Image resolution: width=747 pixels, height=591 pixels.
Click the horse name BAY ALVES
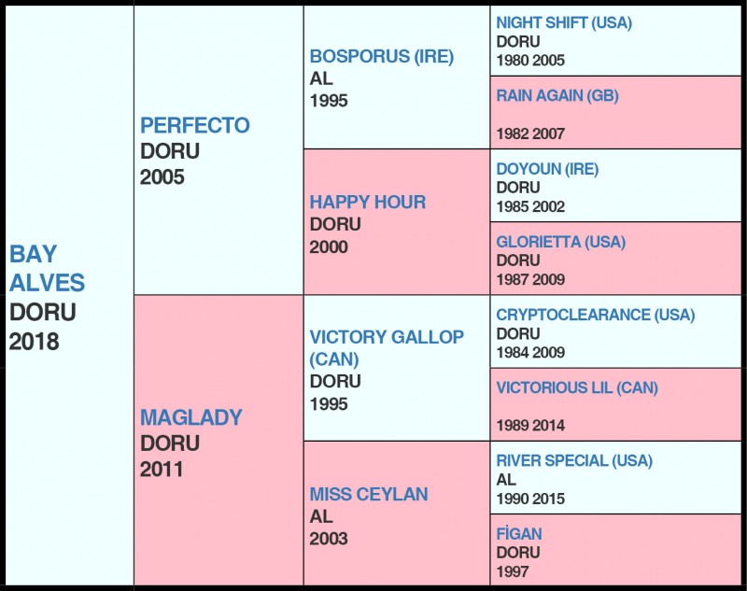47,268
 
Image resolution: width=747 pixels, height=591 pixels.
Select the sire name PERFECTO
195,125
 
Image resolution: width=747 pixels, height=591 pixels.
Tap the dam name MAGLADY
190,417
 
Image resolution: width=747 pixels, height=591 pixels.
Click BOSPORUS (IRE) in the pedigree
382,56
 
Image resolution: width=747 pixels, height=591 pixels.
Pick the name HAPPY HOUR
368,202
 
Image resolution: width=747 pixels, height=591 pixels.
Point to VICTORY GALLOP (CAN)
387,347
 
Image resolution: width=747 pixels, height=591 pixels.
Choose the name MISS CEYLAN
369,494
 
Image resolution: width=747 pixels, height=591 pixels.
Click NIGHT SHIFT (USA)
564,22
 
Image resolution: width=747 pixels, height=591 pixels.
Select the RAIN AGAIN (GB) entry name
557,95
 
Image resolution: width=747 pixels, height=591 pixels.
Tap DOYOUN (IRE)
547,169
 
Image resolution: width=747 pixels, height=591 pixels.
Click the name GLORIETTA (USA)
561,242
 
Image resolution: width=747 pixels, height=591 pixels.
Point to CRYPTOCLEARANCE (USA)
596,315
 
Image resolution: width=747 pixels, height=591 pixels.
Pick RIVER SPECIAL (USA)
574,460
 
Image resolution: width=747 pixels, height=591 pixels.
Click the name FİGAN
519,534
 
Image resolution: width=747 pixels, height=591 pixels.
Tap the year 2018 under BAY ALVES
35,342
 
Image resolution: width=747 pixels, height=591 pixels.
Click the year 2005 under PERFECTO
162,176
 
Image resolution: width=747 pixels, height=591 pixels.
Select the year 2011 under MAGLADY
162,469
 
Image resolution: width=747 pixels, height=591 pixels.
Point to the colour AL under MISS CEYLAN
321,516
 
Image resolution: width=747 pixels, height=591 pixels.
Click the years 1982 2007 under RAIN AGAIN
530,134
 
